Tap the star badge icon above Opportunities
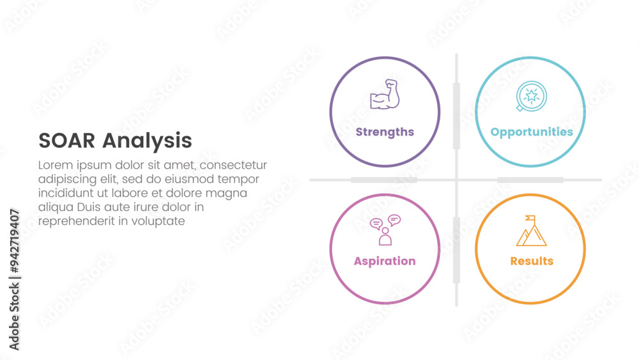(x=531, y=96)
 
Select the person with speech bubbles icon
(x=385, y=230)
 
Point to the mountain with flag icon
(x=532, y=231)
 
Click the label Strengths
(x=385, y=132)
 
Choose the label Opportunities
(x=532, y=132)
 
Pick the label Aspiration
(x=385, y=262)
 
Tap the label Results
(x=532, y=261)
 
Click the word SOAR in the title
(x=67, y=141)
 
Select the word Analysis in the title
(x=147, y=141)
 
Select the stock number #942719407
(x=14, y=241)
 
